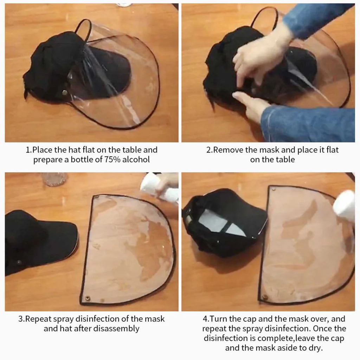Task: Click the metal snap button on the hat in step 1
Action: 65,92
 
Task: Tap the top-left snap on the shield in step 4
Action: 274,189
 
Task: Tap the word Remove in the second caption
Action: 228,150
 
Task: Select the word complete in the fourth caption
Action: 275,339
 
